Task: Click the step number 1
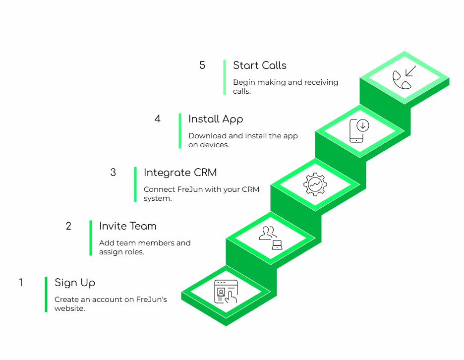click(21, 283)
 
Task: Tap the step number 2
click(68, 226)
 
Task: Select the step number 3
click(113, 173)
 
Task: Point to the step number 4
click(158, 119)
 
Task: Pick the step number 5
click(202, 65)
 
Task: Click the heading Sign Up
click(75, 283)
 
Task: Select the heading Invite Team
click(127, 226)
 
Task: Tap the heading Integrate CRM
click(180, 173)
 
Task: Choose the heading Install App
click(216, 119)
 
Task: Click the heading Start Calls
click(260, 65)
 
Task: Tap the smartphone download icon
click(359, 130)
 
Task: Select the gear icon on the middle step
click(315, 185)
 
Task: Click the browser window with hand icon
click(226, 292)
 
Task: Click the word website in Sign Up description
click(70, 308)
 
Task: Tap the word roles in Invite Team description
click(134, 252)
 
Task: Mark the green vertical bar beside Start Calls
click(225, 77)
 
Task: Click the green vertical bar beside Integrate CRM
click(135, 184)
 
